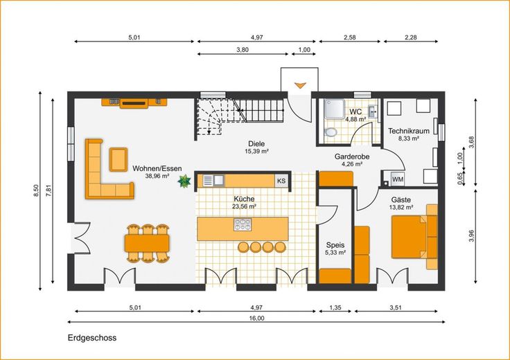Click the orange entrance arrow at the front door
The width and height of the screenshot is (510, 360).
pyautogui.click(x=299, y=85)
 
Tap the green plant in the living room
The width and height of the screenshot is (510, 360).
pyautogui.click(x=184, y=181)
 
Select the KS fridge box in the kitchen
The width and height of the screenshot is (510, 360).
pyautogui.click(x=281, y=181)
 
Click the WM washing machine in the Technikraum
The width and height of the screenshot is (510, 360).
pyautogui.click(x=398, y=179)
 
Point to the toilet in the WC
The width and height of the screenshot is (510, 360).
pyautogui.click(x=331, y=132)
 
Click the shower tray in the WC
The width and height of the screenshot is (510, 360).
pyautogui.click(x=335, y=109)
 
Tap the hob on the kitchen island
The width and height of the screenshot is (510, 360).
pyautogui.click(x=243, y=224)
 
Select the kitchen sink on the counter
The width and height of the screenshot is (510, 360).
pyautogui.click(x=213, y=180)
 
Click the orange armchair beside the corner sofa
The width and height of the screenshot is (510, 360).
pyautogui.click(x=118, y=159)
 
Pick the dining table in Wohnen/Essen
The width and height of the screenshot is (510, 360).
pyautogui.click(x=147, y=243)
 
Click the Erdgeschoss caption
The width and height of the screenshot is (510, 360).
pyautogui.click(x=92, y=338)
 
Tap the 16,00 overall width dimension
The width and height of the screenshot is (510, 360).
pyautogui.click(x=256, y=318)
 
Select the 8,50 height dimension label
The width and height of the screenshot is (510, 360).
pyautogui.click(x=36, y=190)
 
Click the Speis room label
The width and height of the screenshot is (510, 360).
pyautogui.click(x=335, y=245)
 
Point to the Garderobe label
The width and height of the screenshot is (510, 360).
pyautogui.click(x=352, y=156)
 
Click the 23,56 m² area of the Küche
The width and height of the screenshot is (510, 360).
pyautogui.click(x=244, y=206)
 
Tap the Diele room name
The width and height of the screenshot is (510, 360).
pyautogui.click(x=256, y=143)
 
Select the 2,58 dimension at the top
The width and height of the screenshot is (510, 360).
pyautogui.click(x=350, y=37)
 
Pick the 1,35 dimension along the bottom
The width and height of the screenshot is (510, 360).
pyautogui.click(x=335, y=307)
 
